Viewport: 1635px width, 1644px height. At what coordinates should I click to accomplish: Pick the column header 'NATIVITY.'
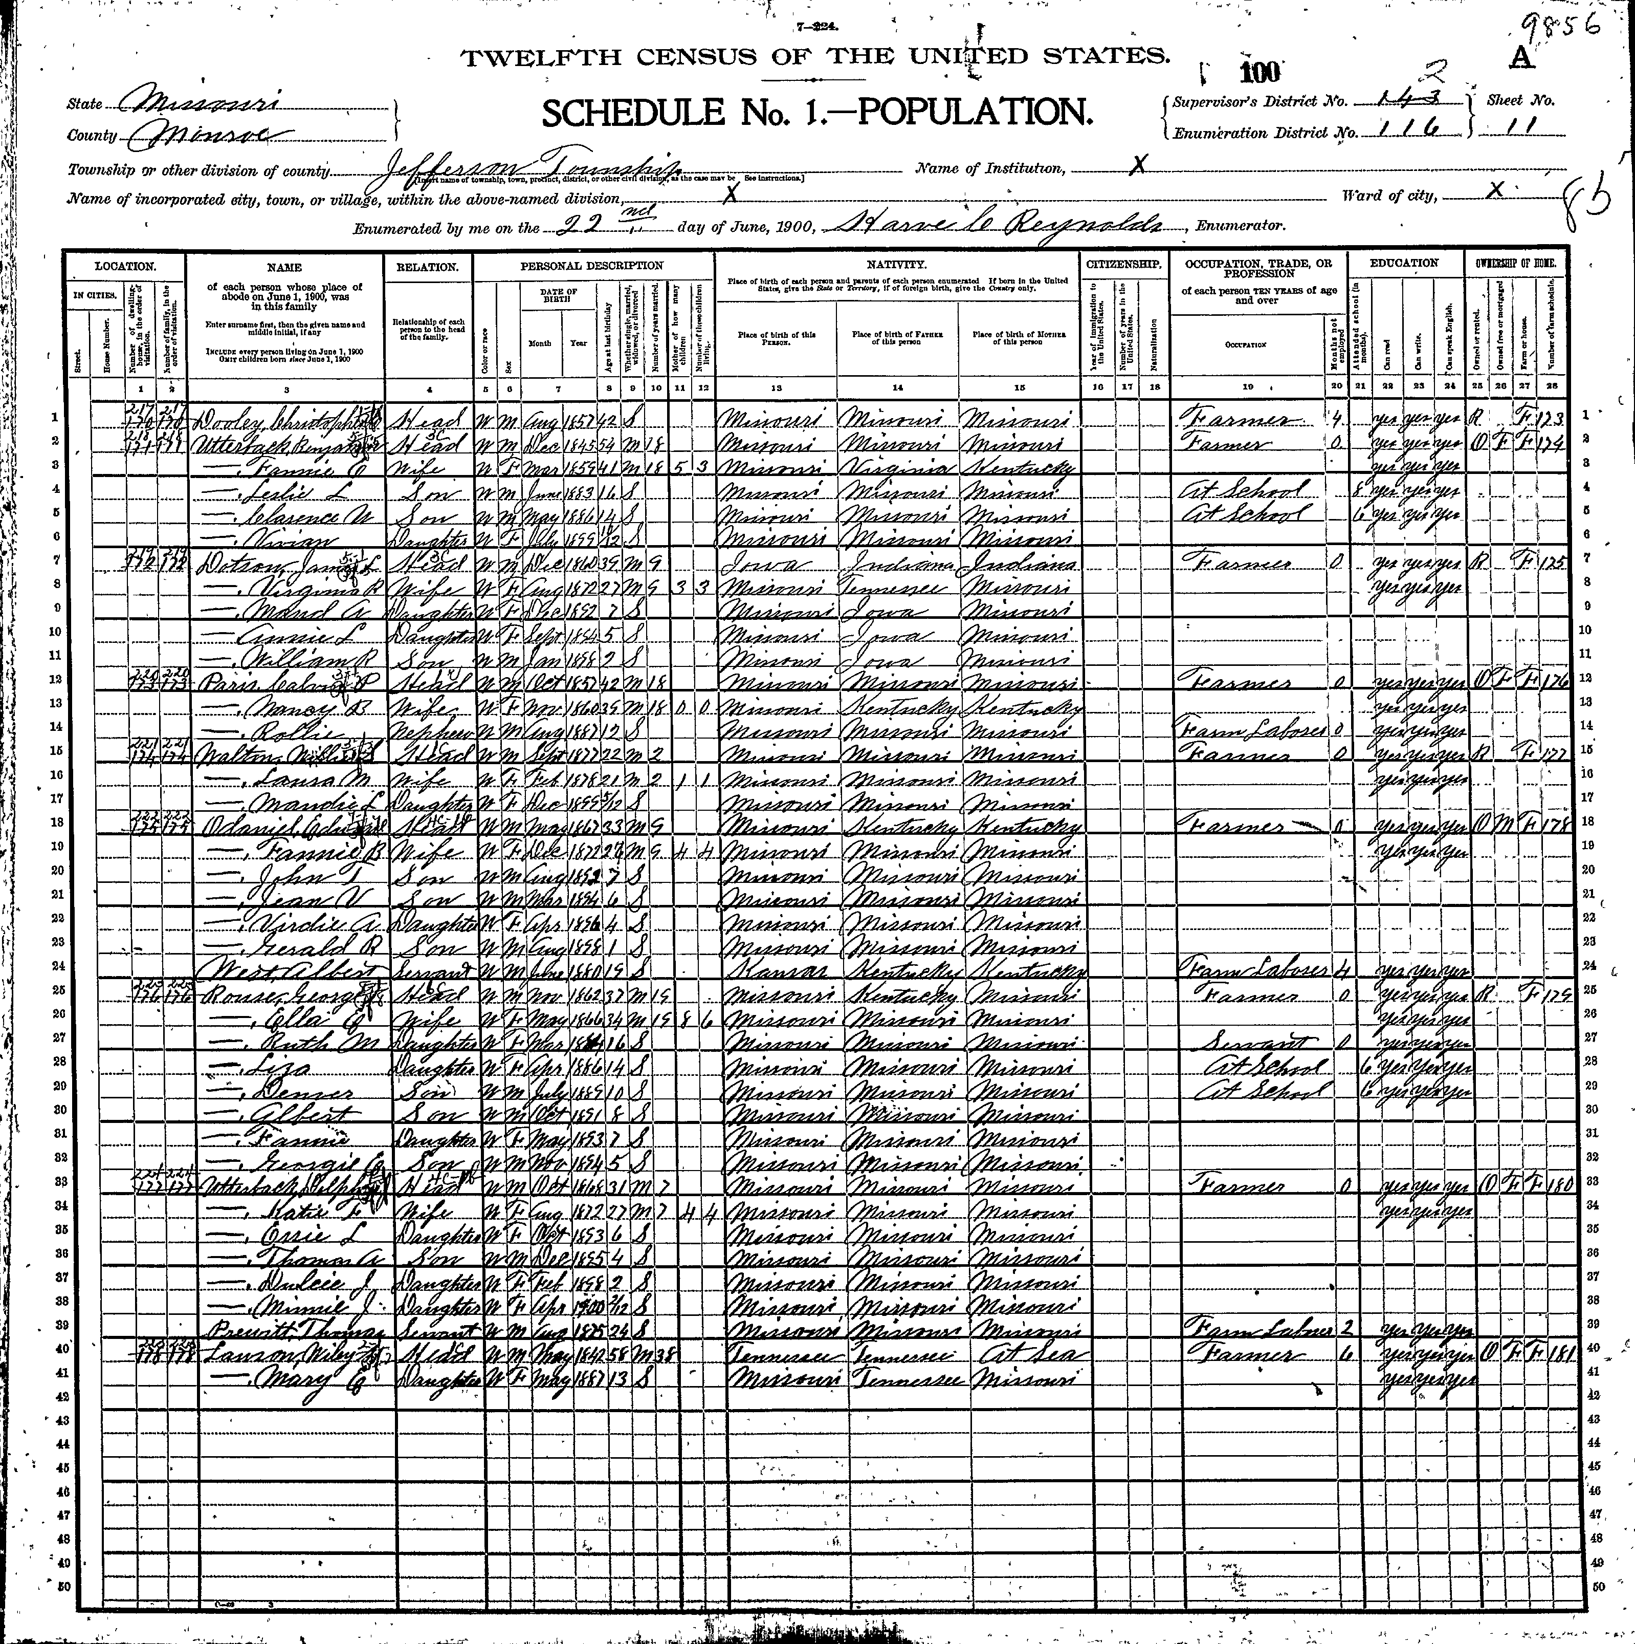[897, 266]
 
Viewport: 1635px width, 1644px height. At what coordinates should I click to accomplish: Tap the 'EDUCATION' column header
[1404, 264]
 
